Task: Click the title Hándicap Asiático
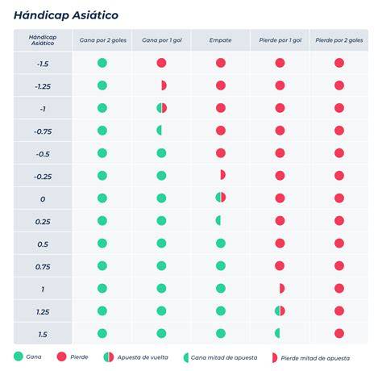pos(66,15)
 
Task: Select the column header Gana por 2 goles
pos(103,40)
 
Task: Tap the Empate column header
pos(220,40)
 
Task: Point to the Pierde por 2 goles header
pos(339,40)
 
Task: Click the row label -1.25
pos(43,86)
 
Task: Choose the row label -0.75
pos(43,131)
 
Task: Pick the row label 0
pos(43,199)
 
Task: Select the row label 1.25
pos(43,312)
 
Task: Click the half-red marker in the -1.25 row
pos(164,85)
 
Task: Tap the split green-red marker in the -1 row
pos(162,108)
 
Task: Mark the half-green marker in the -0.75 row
pos(159,131)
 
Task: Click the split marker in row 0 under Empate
pos(221,197)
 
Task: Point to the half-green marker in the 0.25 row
pos(218,221)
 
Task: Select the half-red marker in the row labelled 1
pos(282,288)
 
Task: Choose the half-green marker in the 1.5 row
pos(277,333)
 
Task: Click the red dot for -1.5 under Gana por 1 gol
pos(161,63)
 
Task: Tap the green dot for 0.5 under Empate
pos(221,244)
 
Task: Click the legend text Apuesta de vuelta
pos(143,357)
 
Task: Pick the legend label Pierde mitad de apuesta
pos(315,358)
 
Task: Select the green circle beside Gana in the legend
pos(19,356)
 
